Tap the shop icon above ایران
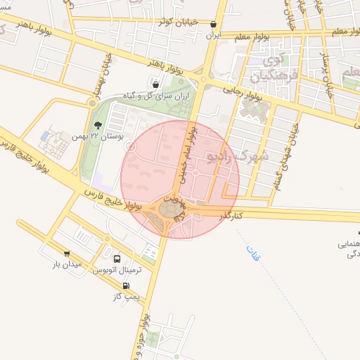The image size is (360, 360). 213,24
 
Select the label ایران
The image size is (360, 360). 212,34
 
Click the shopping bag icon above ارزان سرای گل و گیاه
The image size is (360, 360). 155,84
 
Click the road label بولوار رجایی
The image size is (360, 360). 243,91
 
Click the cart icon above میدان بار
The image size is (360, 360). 67,255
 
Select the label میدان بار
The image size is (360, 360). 67,265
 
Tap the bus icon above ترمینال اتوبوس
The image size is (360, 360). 117,259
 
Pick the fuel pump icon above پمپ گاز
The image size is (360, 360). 127,285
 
